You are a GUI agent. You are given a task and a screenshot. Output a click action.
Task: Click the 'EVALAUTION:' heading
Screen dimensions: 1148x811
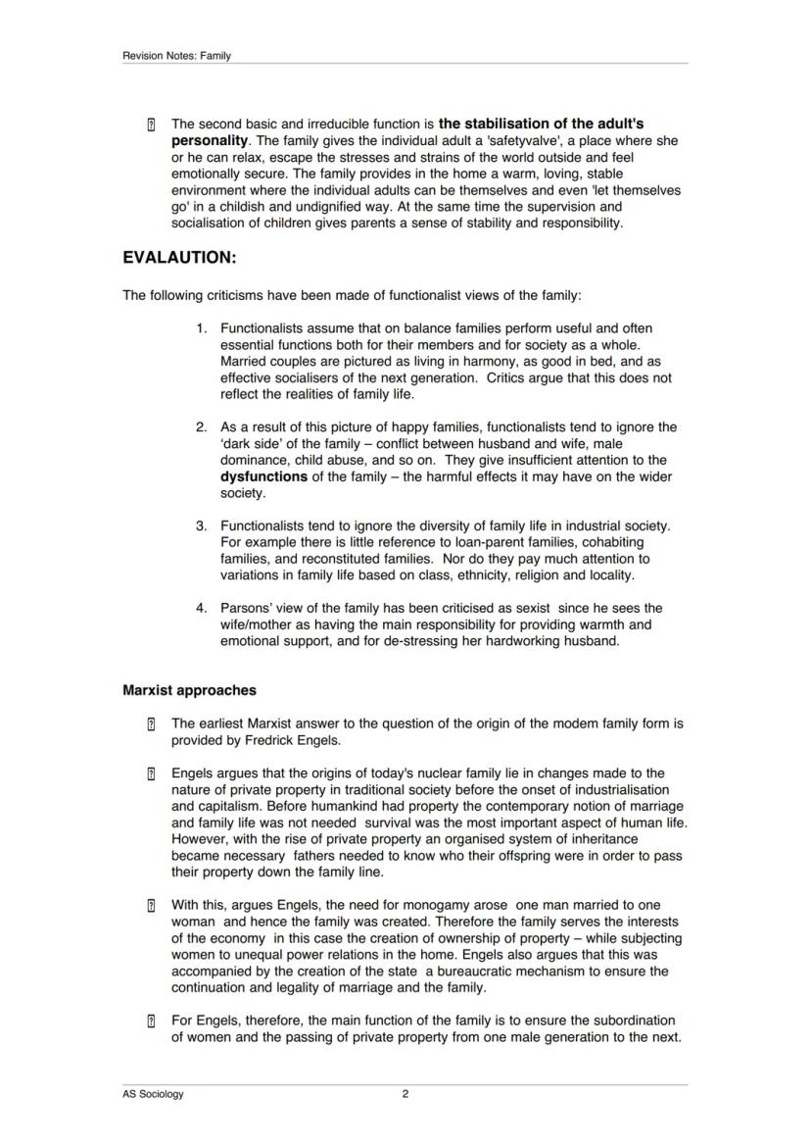point(179,258)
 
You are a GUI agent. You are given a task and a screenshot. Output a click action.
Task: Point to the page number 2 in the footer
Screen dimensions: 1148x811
point(405,1095)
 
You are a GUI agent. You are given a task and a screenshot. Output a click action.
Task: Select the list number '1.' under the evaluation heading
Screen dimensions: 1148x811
point(202,327)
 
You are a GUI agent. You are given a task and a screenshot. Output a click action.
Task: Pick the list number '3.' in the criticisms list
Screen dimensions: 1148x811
point(202,526)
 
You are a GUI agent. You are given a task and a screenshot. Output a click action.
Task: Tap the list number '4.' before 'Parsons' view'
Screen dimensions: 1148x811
point(202,608)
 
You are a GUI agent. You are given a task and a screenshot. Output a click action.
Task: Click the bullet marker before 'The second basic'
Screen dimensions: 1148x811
point(151,125)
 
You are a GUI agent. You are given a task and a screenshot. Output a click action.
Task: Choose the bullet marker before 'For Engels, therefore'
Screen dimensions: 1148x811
point(151,1022)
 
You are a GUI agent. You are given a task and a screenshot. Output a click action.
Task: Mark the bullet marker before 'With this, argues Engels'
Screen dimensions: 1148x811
point(151,905)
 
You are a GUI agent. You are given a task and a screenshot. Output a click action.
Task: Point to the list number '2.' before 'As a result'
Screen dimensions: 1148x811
point(202,427)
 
